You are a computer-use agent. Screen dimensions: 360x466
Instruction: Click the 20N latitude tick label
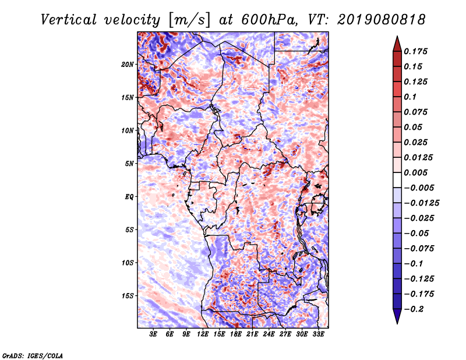tap(128, 64)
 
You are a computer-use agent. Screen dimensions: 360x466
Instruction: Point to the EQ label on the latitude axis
tap(129, 196)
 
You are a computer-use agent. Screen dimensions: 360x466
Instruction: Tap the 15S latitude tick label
tap(128, 295)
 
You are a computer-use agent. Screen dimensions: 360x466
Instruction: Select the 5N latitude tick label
tap(129, 163)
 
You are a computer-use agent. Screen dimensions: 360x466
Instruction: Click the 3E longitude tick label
tap(153, 335)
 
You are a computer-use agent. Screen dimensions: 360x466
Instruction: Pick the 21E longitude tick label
tap(252, 335)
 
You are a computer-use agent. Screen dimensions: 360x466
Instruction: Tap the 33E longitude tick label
tap(318, 335)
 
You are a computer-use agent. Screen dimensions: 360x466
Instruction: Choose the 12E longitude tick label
tap(203, 335)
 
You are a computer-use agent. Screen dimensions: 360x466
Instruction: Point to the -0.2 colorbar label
tap(415, 309)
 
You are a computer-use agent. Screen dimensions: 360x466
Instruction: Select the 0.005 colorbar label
tap(417, 172)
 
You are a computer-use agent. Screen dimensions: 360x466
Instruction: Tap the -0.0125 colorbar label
tap(423, 203)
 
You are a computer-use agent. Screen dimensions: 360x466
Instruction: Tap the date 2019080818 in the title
tap(380, 20)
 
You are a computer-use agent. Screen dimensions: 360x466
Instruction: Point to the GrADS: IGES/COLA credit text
tap(33, 355)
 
